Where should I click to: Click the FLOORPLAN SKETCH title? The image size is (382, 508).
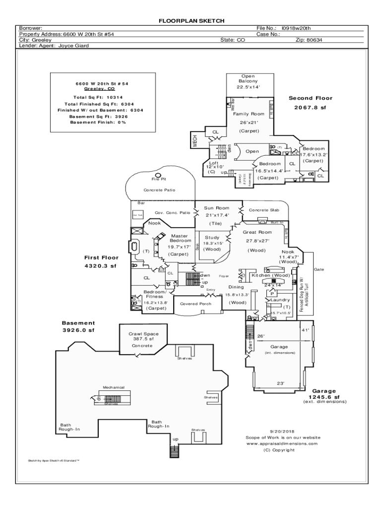pos(191,21)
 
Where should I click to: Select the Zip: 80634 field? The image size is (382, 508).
pos(309,40)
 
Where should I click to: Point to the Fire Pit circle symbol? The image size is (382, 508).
pos(158,175)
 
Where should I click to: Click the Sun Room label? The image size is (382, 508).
pos(216,208)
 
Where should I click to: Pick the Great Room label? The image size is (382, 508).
pos(257,232)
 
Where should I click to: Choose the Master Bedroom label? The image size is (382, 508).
pos(179,238)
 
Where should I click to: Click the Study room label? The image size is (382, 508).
pos(212,238)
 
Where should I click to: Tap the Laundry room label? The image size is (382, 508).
pos(280,300)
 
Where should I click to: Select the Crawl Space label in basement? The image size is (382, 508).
pos(144,334)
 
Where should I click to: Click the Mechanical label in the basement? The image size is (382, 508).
pos(114,387)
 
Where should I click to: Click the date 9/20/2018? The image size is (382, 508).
pos(282,431)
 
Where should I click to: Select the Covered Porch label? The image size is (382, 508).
pos(195,304)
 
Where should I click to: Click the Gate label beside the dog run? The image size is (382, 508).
pos(318,269)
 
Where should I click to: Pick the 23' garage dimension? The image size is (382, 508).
pos(280,382)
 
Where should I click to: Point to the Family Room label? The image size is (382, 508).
pos(249,114)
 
